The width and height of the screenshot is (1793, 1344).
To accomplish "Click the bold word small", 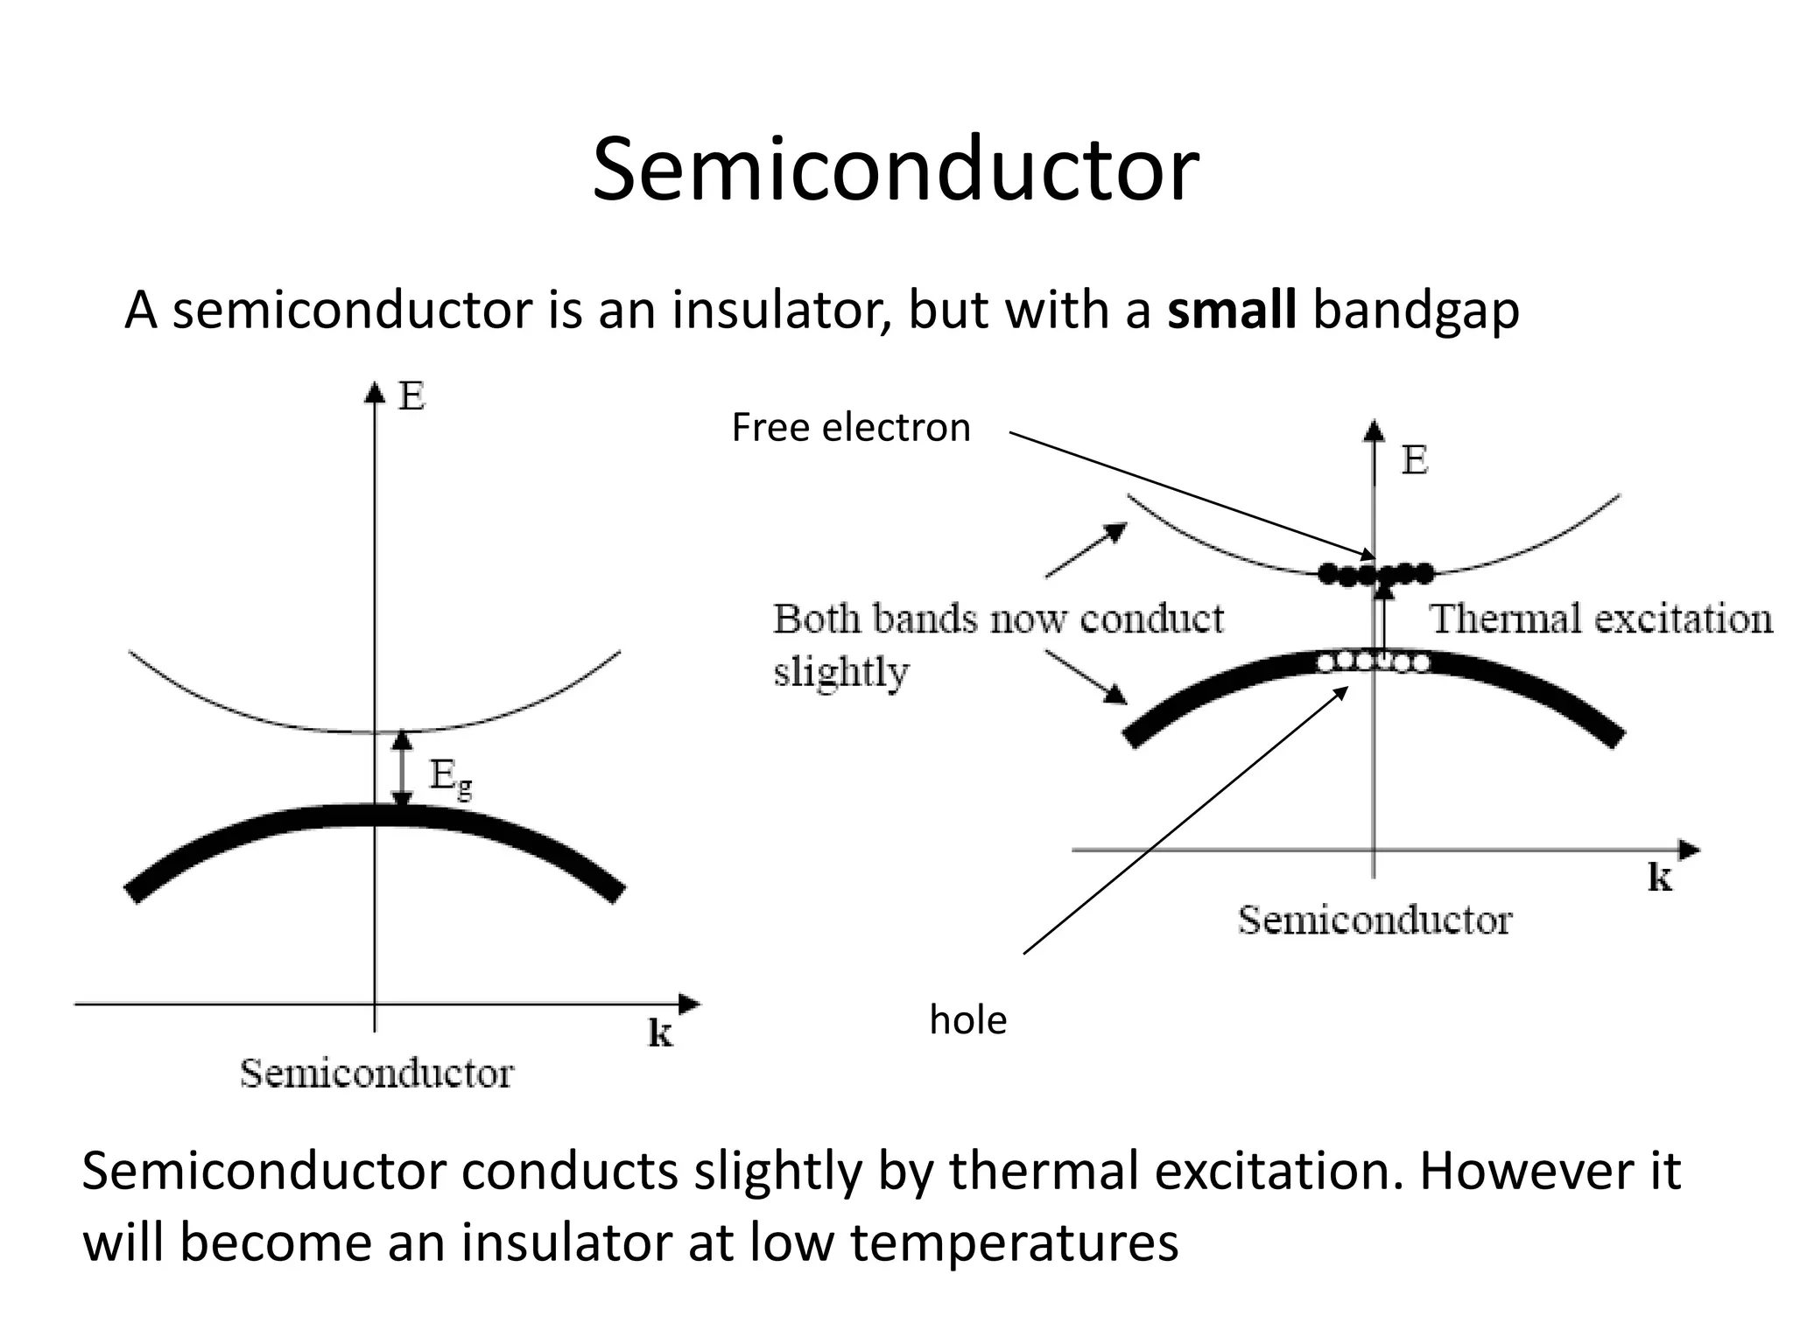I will (1231, 310).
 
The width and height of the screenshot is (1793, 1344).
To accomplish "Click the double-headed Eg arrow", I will (402, 769).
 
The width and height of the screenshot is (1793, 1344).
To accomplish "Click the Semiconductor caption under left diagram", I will (376, 1074).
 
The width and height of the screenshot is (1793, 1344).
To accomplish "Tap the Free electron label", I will (850, 428).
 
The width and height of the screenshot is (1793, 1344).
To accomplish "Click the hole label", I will (967, 1020).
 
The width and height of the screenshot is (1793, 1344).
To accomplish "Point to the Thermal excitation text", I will (1600, 619).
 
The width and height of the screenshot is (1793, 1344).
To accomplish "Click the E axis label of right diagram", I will (1414, 460).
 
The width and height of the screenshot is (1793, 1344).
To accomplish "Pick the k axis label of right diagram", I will (1659, 877).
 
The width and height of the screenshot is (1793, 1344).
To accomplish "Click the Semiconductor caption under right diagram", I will (1375, 920).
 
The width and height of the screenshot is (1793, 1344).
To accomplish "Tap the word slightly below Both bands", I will (840, 672).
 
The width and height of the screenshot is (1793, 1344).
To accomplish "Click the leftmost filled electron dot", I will (1328, 574).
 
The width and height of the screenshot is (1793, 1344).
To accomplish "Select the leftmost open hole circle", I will (1326, 663).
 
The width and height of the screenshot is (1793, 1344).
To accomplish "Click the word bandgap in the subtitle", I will (1416, 311).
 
